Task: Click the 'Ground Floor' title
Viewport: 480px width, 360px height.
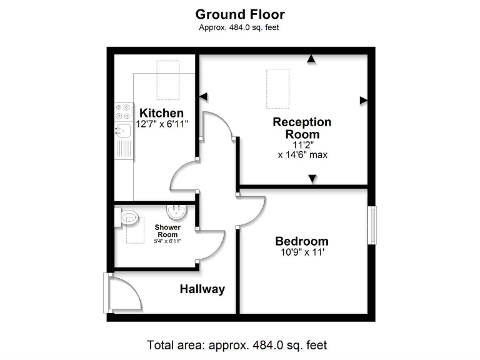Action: (x=239, y=14)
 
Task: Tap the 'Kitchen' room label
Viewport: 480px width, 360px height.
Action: (x=161, y=113)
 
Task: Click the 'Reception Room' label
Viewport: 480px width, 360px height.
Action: (x=302, y=128)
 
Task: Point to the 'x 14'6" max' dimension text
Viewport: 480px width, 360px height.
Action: (x=302, y=155)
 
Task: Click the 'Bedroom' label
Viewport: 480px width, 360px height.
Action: (x=302, y=241)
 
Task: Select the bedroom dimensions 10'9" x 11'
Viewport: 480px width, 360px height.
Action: (x=302, y=252)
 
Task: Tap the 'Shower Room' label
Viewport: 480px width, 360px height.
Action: (x=167, y=230)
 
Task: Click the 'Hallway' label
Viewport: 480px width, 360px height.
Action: (x=202, y=289)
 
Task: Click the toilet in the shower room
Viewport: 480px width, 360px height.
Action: (x=128, y=217)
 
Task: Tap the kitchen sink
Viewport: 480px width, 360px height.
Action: (x=122, y=131)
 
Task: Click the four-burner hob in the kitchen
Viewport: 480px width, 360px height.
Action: (x=123, y=111)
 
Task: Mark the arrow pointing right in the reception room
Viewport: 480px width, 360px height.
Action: (x=363, y=100)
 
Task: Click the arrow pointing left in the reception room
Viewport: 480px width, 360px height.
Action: (x=202, y=96)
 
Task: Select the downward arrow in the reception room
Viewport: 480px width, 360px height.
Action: (x=312, y=181)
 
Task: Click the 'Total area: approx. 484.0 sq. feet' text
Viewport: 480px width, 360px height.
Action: (x=237, y=345)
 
